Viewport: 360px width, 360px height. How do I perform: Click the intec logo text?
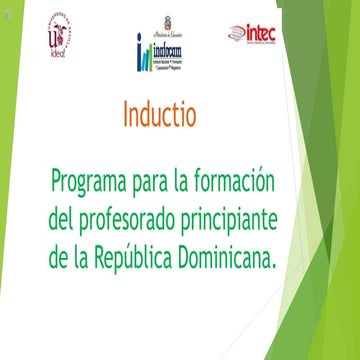pos(262,33)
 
